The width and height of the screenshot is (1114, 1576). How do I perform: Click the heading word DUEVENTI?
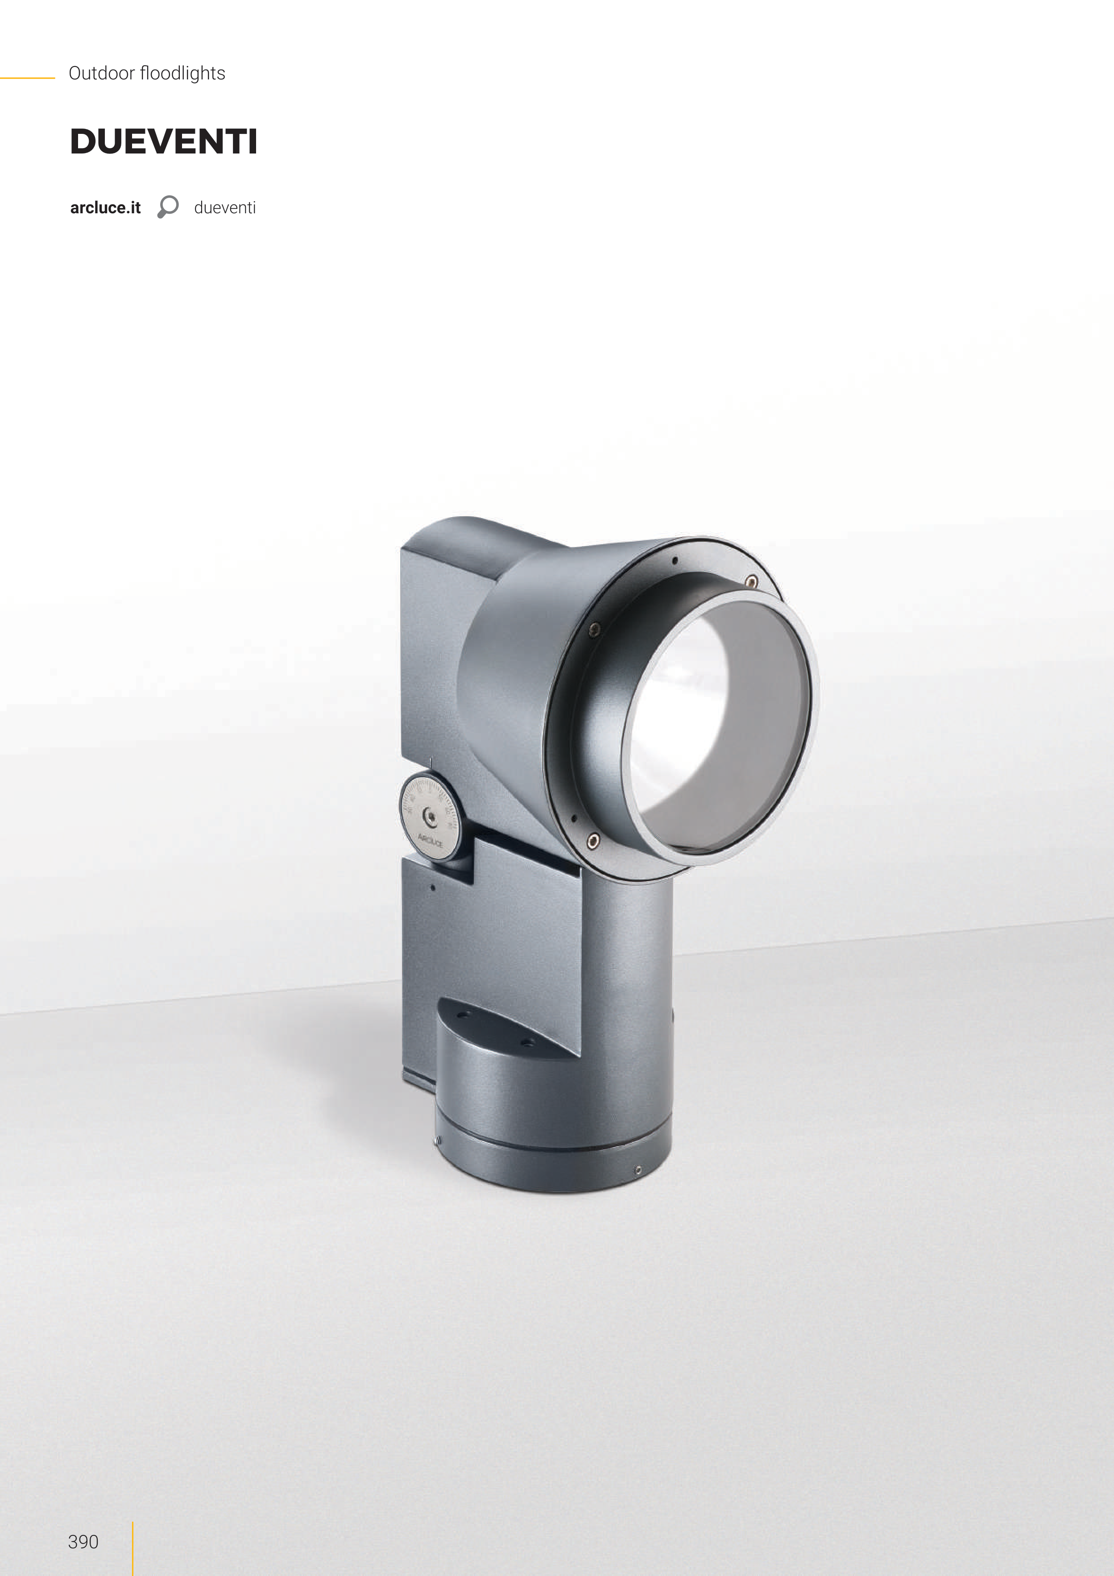(163, 141)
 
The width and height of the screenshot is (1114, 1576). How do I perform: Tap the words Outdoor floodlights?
(147, 74)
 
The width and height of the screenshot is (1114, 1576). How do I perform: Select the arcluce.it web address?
(105, 208)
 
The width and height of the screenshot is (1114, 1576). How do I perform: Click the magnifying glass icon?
(167, 207)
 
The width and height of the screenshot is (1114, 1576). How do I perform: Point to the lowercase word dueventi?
(224, 208)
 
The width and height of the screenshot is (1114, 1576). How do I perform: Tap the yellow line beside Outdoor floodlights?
(28, 78)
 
